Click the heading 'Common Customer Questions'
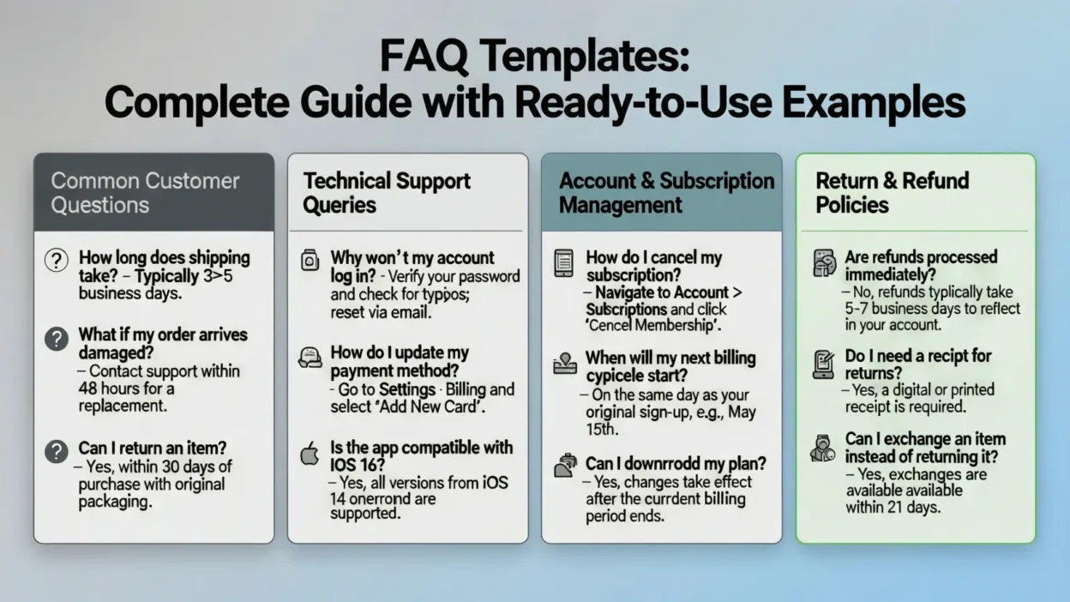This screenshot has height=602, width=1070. [x=145, y=193]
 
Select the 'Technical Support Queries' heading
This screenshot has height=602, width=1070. [x=387, y=193]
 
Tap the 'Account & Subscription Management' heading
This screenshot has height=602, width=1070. [x=666, y=193]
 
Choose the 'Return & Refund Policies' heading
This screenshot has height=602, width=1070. [x=892, y=193]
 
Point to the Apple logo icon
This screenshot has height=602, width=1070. [x=310, y=454]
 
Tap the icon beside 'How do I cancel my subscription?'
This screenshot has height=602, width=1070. [x=563, y=262]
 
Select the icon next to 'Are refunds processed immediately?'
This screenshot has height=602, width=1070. [x=824, y=262]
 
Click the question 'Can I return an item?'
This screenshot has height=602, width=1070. [x=152, y=448]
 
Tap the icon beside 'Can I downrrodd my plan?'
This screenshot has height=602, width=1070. [x=565, y=466]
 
